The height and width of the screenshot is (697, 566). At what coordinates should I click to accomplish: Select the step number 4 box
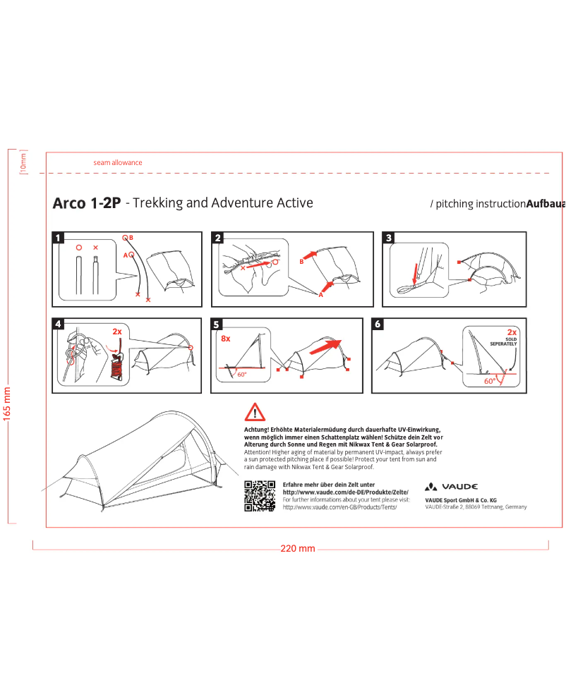pyautogui.click(x=59, y=325)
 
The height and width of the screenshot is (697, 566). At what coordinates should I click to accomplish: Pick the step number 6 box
pyautogui.click(x=378, y=325)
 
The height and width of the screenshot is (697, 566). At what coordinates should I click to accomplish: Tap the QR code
pyautogui.click(x=259, y=495)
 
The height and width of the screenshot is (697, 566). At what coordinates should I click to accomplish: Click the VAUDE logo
pyautogui.click(x=452, y=487)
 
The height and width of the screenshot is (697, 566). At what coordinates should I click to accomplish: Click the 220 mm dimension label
pyautogui.click(x=298, y=549)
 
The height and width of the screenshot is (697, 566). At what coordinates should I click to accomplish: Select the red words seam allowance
pyautogui.click(x=118, y=162)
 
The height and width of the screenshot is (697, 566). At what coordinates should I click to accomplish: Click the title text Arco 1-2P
pyautogui.click(x=85, y=204)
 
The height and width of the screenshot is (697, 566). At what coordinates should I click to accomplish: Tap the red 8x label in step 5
pyautogui.click(x=226, y=339)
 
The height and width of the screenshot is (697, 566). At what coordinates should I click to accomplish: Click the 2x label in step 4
pyautogui.click(x=117, y=331)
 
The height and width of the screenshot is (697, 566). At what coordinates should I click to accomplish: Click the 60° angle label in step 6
pyautogui.click(x=489, y=380)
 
